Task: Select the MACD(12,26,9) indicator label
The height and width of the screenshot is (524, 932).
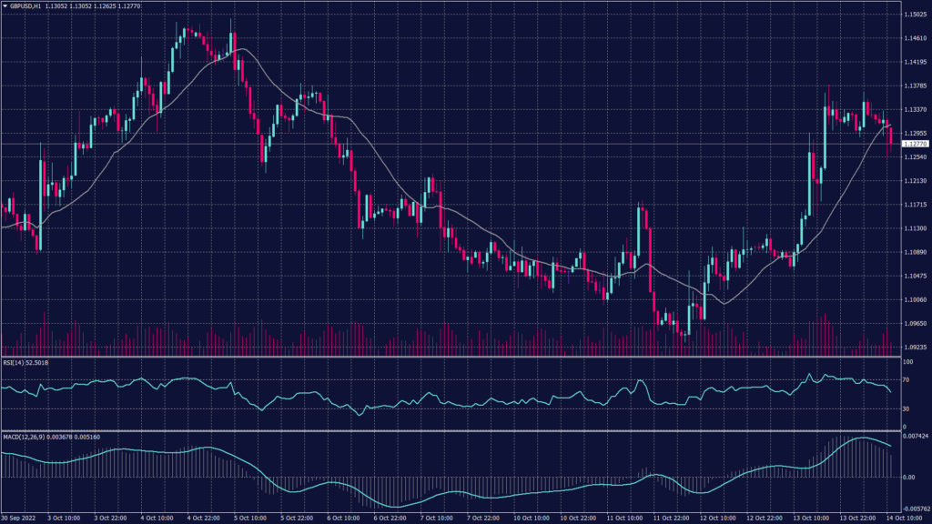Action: [25, 437]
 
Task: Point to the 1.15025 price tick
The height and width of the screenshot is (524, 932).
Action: [915, 15]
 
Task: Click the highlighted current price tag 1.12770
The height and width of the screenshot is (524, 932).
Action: [915, 144]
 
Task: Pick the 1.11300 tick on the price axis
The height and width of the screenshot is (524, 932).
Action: [915, 228]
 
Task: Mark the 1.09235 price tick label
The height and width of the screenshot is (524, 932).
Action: [915, 347]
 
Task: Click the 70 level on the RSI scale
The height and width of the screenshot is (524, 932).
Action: [907, 379]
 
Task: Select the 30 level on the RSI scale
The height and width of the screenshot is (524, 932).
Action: [907, 408]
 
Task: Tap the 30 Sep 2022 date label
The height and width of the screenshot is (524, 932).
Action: [18, 519]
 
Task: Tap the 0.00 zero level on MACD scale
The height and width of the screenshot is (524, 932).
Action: [908, 476]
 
